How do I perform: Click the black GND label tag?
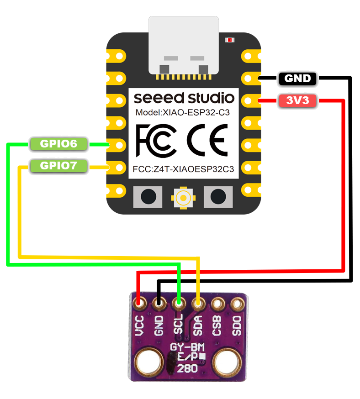click(x=297, y=79)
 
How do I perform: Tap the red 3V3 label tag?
click(x=297, y=101)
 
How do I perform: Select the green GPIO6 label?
click(x=58, y=144)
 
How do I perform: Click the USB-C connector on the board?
click(x=184, y=46)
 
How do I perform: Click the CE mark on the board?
click(x=207, y=140)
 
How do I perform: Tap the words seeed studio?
click(x=184, y=98)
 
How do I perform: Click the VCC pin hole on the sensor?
click(x=139, y=303)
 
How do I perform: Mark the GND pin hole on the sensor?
click(x=159, y=303)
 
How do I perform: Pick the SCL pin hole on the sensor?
click(x=179, y=303)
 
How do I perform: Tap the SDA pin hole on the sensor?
click(x=198, y=303)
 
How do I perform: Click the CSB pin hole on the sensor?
click(x=217, y=303)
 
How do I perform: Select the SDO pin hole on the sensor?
click(x=237, y=303)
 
